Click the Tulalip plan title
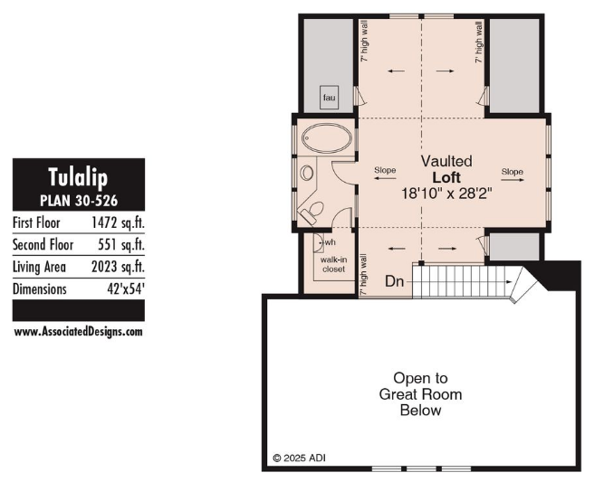click(78, 178)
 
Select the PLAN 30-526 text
click(79, 201)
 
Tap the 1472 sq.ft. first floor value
click(118, 222)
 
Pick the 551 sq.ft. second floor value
click(121, 245)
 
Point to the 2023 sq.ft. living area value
click(118, 267)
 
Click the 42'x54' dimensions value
click(126, 288)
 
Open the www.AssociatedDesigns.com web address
click(79, 332)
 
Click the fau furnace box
click(330, 98)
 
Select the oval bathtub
click(327, 138)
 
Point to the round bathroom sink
click(307, 173)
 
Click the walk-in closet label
click(333, 264)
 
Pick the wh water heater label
click(331, 242)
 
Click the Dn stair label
click(395, 281)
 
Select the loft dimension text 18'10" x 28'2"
click(446, 194)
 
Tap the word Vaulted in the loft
click(446, 161)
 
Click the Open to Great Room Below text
click(421, 394)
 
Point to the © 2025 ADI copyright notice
click(300, 458)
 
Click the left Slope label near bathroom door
click(385, 170)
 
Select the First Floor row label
click(36, 222)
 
